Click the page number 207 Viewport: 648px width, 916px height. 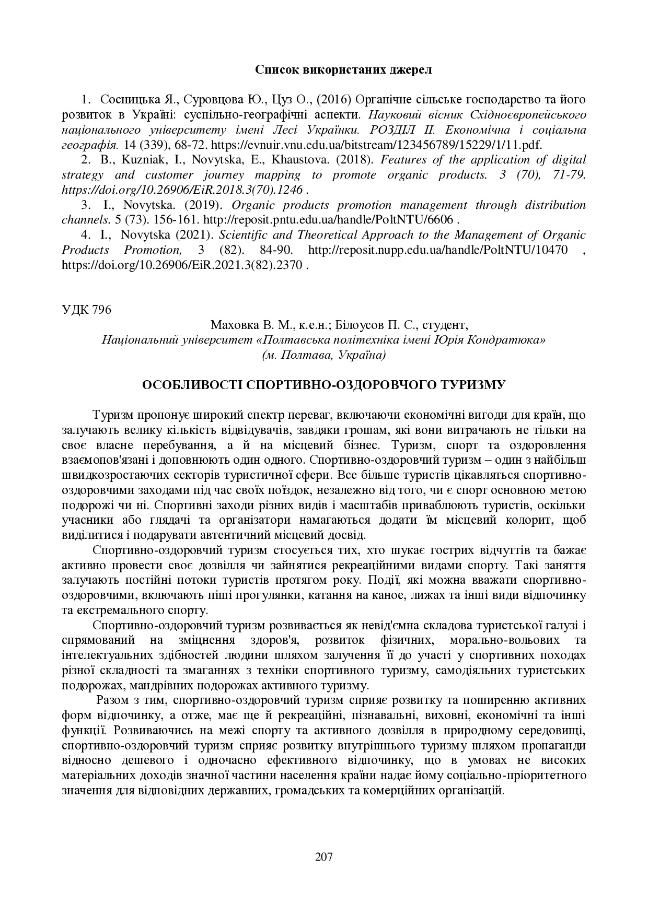324,856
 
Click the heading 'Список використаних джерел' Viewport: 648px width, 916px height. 343,70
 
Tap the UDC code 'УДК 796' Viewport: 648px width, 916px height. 86,310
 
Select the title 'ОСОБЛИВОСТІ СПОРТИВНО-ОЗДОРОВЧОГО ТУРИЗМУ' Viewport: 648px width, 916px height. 324,385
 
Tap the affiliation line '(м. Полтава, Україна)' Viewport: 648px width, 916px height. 324,355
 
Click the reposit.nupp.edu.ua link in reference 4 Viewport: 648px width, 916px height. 438,250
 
